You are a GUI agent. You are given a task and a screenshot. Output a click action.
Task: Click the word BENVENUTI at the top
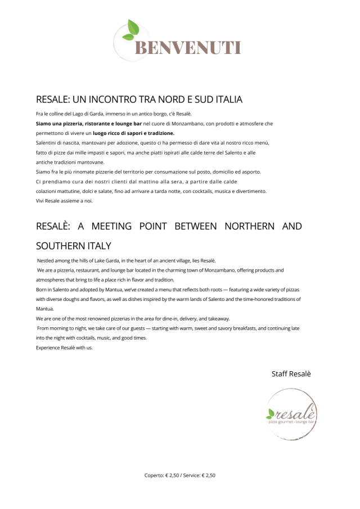(x=187, y=48)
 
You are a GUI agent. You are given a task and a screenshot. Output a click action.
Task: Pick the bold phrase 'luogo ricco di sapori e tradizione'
(x=133, y=133)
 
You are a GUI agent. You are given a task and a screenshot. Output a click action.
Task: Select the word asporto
(x=248, y=172)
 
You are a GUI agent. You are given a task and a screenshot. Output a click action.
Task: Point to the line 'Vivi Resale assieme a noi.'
(x=64, y=201)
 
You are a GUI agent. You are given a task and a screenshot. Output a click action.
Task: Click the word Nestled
(x=47, y=261)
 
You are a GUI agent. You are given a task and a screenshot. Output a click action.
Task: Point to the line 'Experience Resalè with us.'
(x=64, y=348)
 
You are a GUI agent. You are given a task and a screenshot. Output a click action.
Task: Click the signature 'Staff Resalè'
(x=291, y=374)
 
